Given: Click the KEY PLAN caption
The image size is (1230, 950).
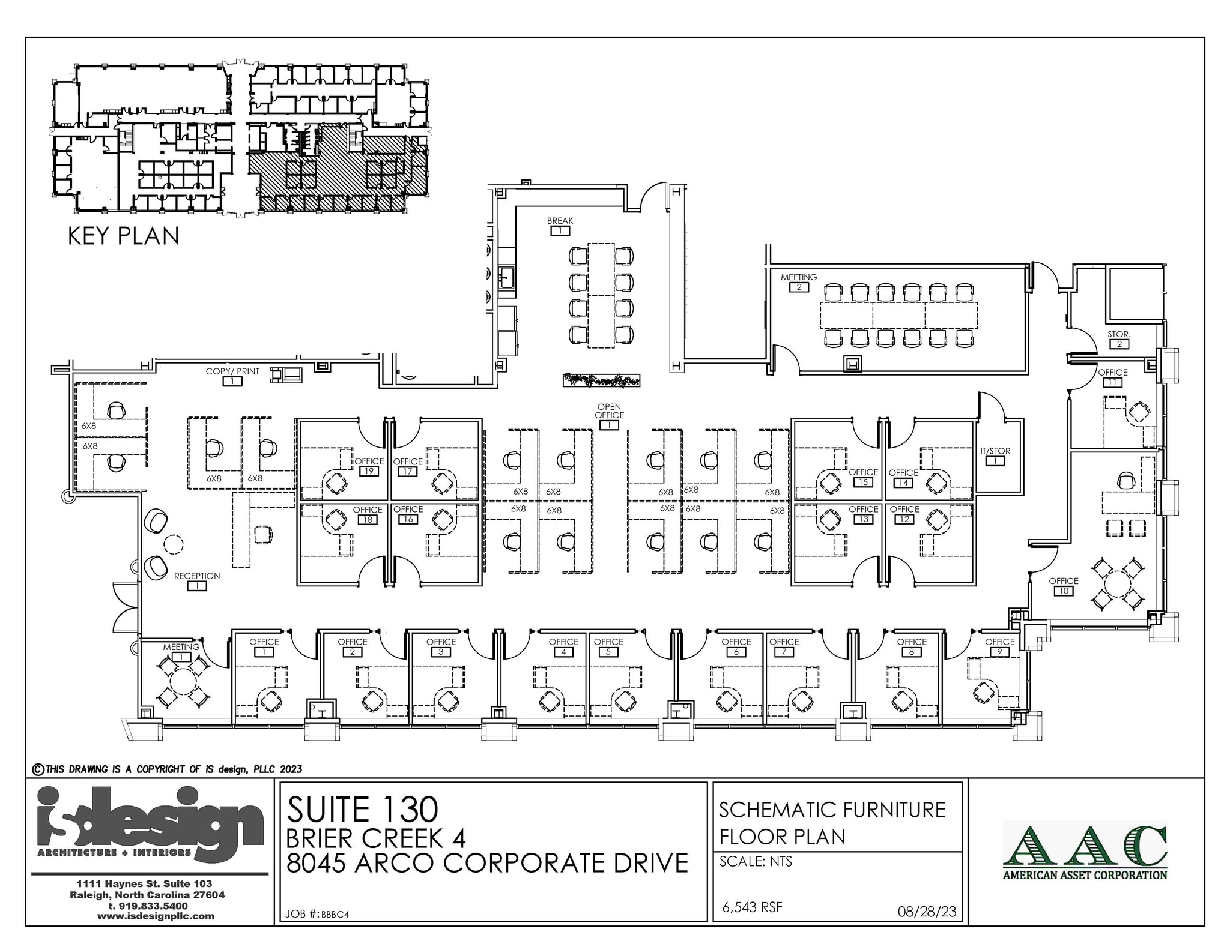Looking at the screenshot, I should (x=123, y=236).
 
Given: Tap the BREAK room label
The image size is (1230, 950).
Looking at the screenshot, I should (x=560, y=221).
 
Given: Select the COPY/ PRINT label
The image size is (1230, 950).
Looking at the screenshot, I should (x=232, y=371).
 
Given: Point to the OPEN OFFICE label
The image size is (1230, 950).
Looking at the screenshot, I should (x=609, y=411).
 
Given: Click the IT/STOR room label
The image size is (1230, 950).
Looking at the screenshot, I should (x=995, y=451).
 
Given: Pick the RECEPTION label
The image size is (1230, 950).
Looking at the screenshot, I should (x=197, y=576).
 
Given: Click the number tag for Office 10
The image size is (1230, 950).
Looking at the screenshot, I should (x=1063, y=591).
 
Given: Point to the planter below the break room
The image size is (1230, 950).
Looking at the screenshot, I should (x=601, y=380).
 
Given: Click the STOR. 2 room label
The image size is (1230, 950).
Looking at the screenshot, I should (x=1119, y=334).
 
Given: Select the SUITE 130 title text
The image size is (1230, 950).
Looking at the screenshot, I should (x=363, y=809).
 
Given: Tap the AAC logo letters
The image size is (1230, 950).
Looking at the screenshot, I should (x=1085, y=846).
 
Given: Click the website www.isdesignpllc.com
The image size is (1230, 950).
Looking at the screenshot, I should (x=156, y=916).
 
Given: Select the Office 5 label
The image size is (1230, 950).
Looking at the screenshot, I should (x=608, y=642).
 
